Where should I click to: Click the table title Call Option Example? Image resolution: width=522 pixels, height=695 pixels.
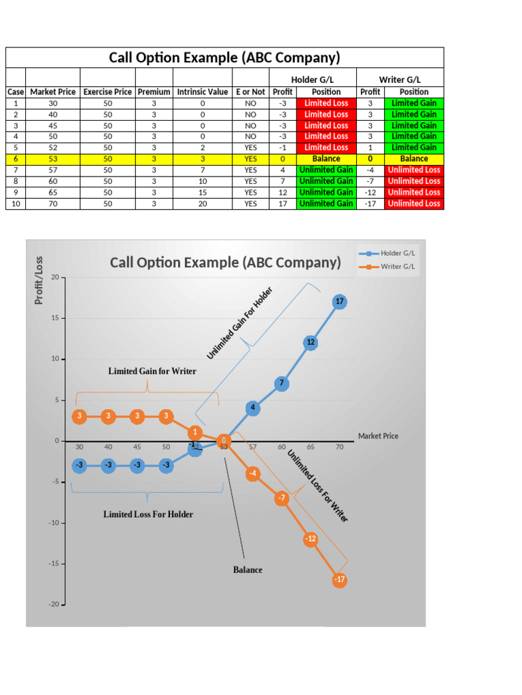(x=224, y=58)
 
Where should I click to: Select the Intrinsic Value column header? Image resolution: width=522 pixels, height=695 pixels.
(x=203, y=92)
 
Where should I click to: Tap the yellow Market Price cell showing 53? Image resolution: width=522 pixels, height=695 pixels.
(x=53, y=159)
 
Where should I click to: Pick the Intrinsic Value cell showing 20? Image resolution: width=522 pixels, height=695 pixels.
(x=203, y=204)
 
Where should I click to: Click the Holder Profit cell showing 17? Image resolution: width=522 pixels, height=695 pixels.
(x=282, y=204)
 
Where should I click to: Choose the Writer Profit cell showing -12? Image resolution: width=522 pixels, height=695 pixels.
(x=370, y=192)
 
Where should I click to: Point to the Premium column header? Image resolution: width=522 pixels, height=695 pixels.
(x=154, y=92)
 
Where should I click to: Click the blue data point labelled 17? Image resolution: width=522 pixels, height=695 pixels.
(x=340, y=301)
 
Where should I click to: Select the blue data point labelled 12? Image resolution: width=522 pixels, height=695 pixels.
(x=311, y=343)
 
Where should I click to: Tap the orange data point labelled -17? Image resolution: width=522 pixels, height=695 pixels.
(x=340, y=580)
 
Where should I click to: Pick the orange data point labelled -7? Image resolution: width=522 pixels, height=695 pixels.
(x=282, y=499)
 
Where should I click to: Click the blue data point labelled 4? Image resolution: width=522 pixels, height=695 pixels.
(x=253, y=408)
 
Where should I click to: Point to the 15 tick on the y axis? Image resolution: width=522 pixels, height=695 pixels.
(x=54, y=318)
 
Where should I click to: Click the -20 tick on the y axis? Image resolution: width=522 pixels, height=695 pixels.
(x=54, y=605)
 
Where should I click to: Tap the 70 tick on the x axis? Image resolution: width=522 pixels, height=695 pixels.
(x=340, y=447)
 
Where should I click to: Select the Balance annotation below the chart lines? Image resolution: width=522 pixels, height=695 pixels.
(x=247, y=570)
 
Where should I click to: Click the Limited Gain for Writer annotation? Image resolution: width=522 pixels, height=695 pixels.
(x=152, y=371)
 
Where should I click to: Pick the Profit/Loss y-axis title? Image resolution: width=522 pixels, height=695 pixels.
(x=39, y=280)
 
